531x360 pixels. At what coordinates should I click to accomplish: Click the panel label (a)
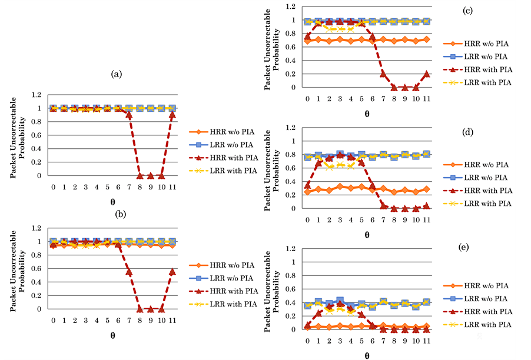[x=116, y=74]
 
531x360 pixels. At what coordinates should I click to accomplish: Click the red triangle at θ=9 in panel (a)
[x=151, y=175]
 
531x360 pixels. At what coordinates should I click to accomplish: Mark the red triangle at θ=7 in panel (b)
[x=129, y=272]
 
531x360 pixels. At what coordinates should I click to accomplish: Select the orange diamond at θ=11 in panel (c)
[x=427, y=39]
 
